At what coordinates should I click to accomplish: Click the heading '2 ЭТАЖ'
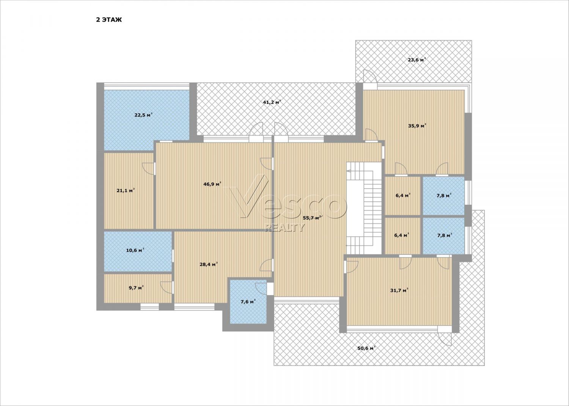109,20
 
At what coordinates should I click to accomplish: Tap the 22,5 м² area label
143,115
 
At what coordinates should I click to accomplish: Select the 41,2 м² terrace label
272,103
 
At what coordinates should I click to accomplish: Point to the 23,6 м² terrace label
417,60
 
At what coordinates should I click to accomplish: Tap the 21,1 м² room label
126,190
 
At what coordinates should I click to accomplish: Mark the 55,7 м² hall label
312,218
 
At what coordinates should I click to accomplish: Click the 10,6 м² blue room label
135,250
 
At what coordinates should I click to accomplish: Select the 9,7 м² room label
136,288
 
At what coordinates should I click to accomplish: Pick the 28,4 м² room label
209,265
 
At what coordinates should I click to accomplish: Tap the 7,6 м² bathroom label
248,302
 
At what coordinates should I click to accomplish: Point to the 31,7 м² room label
399,290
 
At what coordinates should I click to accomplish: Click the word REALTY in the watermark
284,228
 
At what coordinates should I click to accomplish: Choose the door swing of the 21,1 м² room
148,169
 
